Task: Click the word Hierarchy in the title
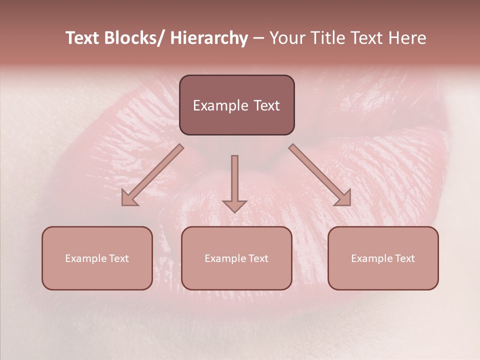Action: point(209,38)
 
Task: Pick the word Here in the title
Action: point(407,38)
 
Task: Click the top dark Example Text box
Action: point(236,105)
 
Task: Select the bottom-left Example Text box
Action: point(97,258)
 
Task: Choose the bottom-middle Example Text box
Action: point(236,258)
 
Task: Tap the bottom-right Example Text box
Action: point(383,258)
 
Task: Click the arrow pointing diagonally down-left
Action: point(152,175)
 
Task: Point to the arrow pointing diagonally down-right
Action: point(319,175)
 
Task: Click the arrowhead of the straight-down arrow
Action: point(234,206)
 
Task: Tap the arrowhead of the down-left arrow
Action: point(129,199)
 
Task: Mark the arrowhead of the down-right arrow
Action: point(343,199)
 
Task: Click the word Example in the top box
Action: point(218,105)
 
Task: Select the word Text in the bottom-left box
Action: point(118,258)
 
